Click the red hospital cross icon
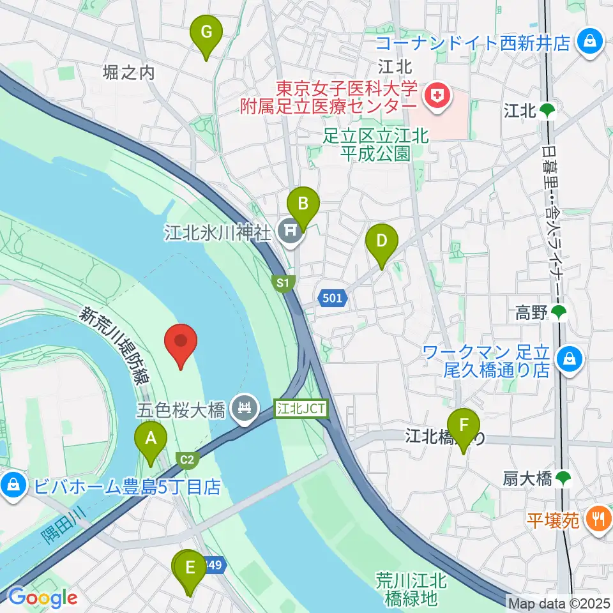click(438, 97)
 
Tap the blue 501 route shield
click(331, 298)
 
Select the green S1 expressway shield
click(282, 282)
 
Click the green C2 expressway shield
click(187, 458)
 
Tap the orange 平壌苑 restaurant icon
click(598, 518)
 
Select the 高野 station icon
click(559, 312)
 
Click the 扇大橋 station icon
click(563, 478)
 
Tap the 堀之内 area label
click(129, 73)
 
